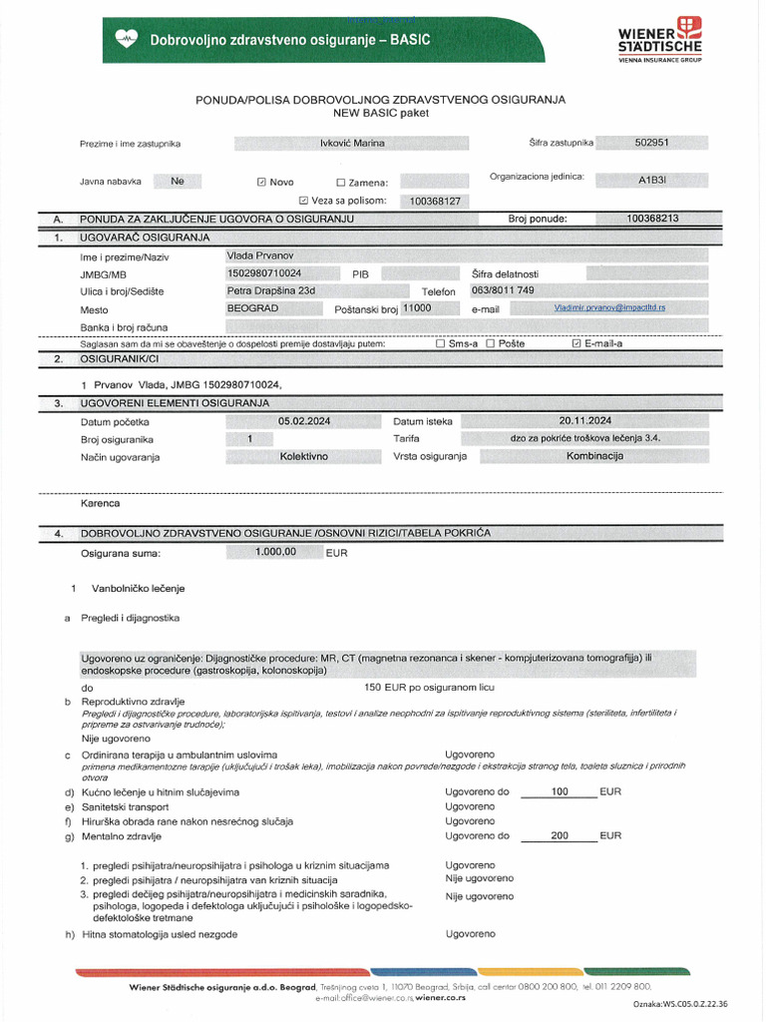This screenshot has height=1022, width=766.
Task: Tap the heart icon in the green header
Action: point(127,39)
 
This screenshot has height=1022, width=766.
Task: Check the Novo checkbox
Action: point(261,183)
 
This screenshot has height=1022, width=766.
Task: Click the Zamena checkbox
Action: point(341,183)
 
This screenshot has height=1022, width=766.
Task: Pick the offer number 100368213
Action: point(652,218)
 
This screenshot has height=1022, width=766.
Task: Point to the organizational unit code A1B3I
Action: point(654,183)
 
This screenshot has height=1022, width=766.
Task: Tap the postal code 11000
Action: point(416,308)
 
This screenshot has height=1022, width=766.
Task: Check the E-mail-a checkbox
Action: point(575,343)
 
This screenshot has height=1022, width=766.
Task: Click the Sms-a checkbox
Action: point(441,343)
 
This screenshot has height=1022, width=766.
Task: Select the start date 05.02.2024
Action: point(304,421)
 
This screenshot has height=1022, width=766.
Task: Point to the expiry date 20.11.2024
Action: point(585,421)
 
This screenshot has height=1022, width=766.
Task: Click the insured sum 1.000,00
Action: point(276,552)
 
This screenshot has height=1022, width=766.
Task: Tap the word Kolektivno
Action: point(304,456)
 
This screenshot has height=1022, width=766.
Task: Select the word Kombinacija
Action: point(594,456)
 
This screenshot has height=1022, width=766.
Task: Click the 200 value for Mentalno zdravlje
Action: point(559,835)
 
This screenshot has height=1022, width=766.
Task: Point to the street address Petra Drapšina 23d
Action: point(271,290)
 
